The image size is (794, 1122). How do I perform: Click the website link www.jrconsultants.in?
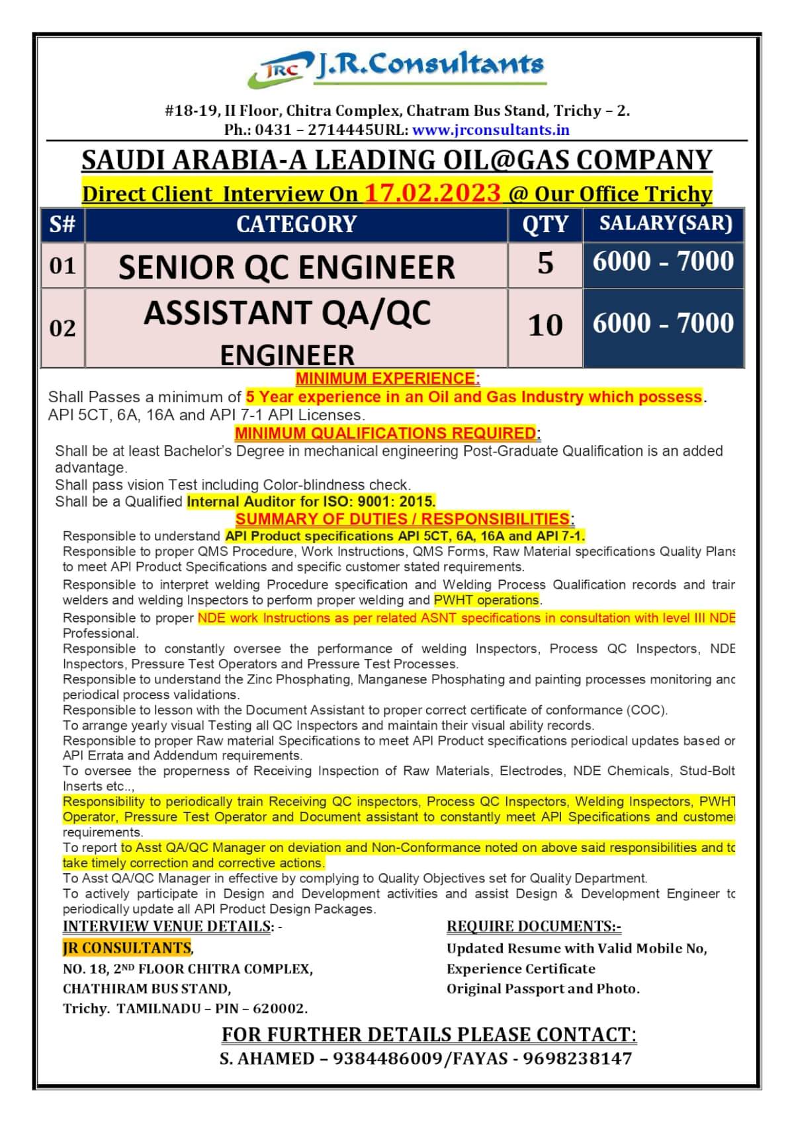pos(490,130)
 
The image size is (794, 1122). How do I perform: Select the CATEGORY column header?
pos(296,224)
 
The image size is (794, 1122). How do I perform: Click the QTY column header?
pos(545,224)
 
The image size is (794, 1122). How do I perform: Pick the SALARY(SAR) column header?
pos(665,224)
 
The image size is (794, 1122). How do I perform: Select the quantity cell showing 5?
pos(545,263)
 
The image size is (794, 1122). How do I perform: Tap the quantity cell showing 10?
pos(545,325)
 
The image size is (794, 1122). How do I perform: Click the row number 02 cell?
pos(62,327)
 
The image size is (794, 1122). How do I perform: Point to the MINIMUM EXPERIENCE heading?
pos(387,378)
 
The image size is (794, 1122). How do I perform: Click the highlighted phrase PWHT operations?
pos(486,600)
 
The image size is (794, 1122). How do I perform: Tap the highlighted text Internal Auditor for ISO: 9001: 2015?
pos(311,501)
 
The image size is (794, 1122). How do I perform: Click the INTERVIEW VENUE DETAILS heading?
pos(168,926)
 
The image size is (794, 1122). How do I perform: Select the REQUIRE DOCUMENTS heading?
pos(533,926)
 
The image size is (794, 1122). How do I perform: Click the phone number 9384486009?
pos(388,1058)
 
